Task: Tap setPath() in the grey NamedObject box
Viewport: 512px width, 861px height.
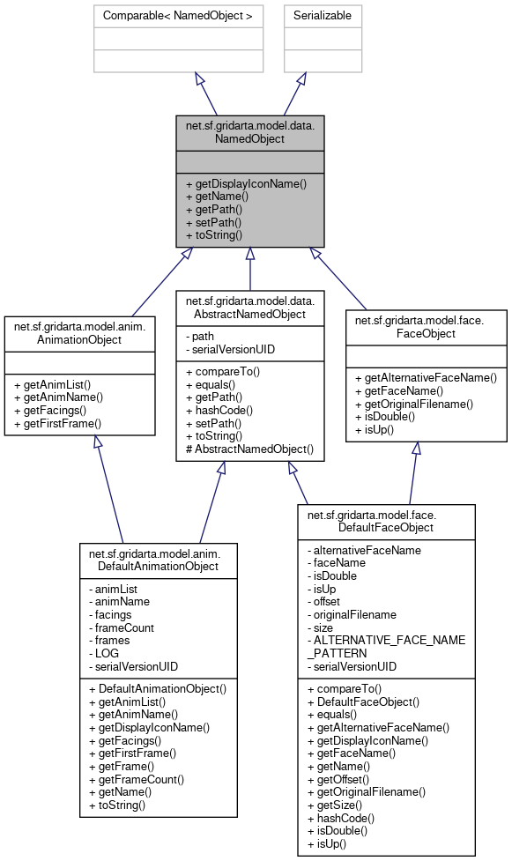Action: (x=214, y=223)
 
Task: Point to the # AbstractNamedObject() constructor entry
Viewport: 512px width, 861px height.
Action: (x=250, y=449)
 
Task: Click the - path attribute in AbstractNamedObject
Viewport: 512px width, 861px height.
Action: (x=199, y=336)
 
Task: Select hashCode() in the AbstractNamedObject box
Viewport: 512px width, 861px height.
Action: (x=215, y=409)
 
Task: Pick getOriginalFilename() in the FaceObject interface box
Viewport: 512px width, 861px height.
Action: (x=427, y=404)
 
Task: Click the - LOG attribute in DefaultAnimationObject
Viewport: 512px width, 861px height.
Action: (x=106, y=654)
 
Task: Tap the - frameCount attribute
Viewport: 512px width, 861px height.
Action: (x=121, y=627)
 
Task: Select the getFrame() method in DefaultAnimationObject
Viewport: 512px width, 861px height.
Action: (x=127, y=766)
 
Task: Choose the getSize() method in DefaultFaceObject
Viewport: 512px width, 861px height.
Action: (x=334, y=805)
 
